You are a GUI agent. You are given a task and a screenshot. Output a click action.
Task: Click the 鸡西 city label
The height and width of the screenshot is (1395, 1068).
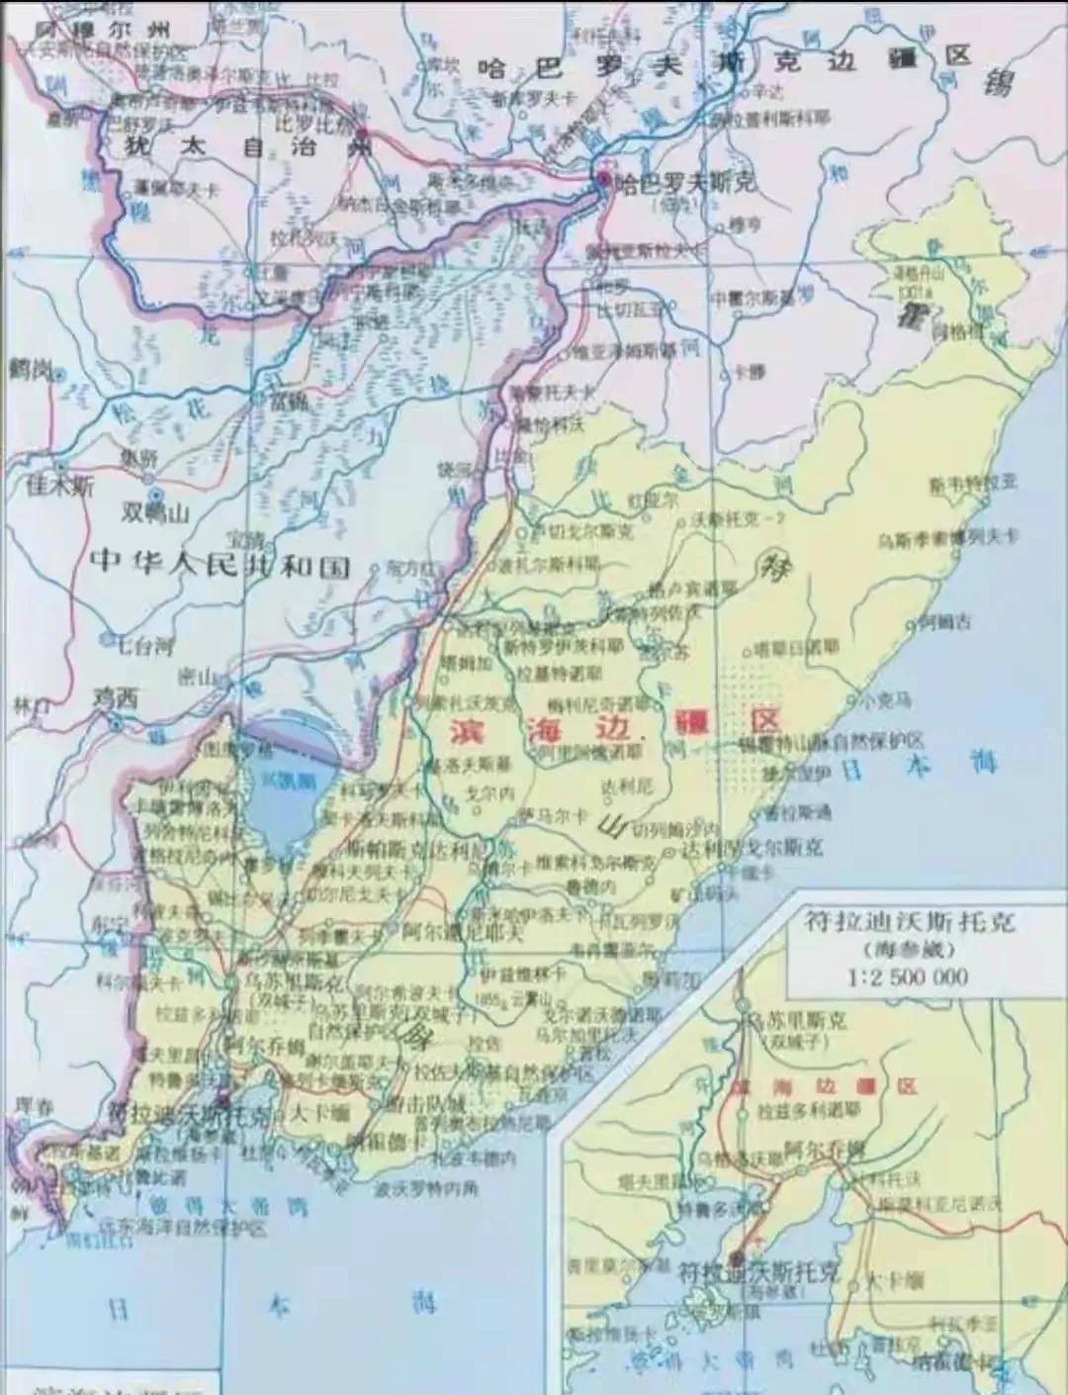point(116,697)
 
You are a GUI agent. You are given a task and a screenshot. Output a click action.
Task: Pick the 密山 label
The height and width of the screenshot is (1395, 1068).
point(198,677)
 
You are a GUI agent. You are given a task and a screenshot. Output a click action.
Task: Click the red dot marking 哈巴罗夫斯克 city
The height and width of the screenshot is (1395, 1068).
point(602,179)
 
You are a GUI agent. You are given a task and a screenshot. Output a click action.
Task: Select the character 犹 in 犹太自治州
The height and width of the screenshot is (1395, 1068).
point(138,145)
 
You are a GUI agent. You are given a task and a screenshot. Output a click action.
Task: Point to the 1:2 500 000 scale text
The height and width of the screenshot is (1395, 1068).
point(907,977)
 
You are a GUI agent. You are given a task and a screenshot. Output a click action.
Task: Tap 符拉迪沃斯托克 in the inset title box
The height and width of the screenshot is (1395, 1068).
point(909,924)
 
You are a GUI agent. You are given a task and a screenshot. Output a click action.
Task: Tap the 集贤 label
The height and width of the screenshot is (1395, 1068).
point(138,456)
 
